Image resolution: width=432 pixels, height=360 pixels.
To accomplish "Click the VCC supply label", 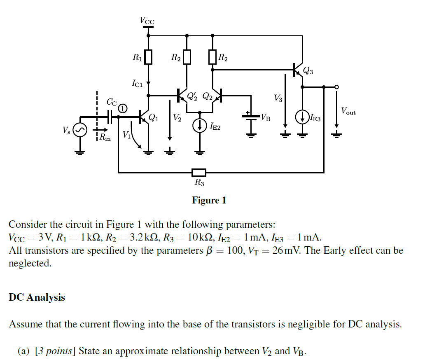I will [147, 20].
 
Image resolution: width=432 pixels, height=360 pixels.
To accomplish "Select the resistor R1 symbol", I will [148, 57].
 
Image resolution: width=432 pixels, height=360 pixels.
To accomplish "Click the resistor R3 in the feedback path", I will [199, 172].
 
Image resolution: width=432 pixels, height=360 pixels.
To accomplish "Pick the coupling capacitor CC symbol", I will [110, 117].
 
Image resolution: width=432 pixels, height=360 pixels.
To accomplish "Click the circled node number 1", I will [123, 108].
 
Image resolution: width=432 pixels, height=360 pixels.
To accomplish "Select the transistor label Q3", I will [308, 71].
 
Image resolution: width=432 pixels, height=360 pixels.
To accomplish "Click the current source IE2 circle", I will [200, 125].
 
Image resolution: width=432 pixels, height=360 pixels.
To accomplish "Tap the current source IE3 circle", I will [303, 117].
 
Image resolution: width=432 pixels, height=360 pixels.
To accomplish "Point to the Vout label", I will [348, 111].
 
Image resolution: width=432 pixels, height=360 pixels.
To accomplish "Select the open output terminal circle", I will [337, 87].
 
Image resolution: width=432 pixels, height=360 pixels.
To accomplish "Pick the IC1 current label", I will [137, 84].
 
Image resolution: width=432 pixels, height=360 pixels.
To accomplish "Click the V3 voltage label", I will [278, 98].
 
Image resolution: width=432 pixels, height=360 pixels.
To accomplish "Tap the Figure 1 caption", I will [209, 201].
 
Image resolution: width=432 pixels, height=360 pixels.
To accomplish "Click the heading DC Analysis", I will [37, 297].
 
